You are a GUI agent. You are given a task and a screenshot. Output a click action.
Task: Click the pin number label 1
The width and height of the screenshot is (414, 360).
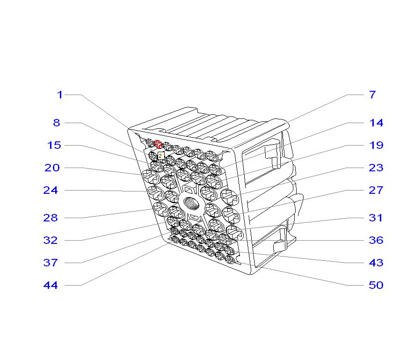click(x=60, y=95)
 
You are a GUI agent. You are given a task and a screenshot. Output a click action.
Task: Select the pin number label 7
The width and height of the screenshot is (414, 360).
click(x=372, y=95)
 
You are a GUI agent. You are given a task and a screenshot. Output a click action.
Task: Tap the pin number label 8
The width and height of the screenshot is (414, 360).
click(x=57, y=123)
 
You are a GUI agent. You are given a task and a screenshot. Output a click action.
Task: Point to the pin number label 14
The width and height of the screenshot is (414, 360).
click(x=376, y=123)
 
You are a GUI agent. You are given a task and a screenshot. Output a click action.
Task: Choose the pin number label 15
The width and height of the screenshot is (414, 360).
click(x=54, y=146)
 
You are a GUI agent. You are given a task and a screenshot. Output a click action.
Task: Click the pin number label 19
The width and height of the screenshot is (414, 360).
click(x=376, y=146)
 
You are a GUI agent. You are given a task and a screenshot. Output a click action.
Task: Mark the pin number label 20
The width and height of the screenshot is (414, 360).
click(x=52, y=168)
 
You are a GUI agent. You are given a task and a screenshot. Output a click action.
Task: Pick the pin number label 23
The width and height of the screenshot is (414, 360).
click(x=376, y=168)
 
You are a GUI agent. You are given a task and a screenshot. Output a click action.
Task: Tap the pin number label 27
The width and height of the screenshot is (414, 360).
click(x=376, y=191)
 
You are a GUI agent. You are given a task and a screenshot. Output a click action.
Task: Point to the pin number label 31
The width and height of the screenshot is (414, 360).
click(x=376, y=218)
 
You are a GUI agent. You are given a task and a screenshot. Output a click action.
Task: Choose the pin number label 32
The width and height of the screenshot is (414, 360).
click(x=51, y=241)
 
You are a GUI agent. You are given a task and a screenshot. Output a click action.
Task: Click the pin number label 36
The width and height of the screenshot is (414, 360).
click(x=376, y=241)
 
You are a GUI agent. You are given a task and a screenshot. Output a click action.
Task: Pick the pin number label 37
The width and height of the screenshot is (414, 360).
click(x=51, y=263)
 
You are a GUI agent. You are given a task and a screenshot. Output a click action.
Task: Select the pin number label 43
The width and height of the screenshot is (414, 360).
click(x=376, y=263)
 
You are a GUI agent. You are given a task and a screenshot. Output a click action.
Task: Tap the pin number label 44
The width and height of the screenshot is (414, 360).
click(x=51, y=286)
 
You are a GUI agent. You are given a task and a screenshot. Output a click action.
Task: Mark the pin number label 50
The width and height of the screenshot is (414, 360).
click(x=376, y=286)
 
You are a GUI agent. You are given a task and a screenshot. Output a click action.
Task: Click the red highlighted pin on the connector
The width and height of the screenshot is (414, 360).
click(x=158, y=144)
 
